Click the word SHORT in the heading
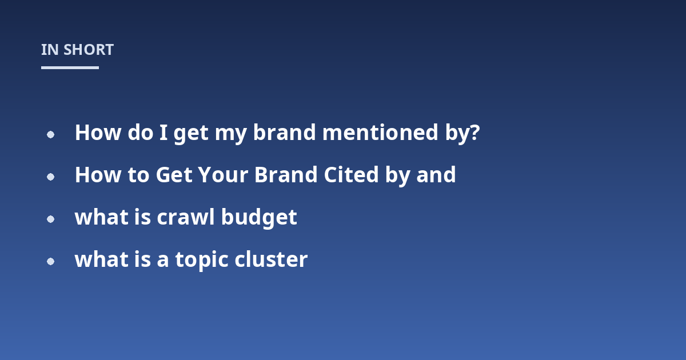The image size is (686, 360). (89, 50)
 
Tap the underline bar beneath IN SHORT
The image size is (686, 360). (70, 67)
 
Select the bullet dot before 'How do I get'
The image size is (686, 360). (50, 134)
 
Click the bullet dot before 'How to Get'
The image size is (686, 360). (50, 177)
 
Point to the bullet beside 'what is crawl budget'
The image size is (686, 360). (50, 219)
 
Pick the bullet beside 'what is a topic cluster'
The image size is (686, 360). (50, 262)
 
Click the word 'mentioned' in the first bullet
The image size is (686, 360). (380, 132)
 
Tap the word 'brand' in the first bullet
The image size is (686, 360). (284, 132)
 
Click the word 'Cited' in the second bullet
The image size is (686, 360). (351, 175)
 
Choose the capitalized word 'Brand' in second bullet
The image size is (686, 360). (286, 175)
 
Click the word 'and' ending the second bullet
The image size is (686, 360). (436, 175)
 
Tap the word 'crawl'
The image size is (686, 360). (186, 217)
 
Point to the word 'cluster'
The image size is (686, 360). (271, 259)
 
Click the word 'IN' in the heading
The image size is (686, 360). (50, 50)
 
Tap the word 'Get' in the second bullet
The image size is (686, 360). (174, 175)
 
